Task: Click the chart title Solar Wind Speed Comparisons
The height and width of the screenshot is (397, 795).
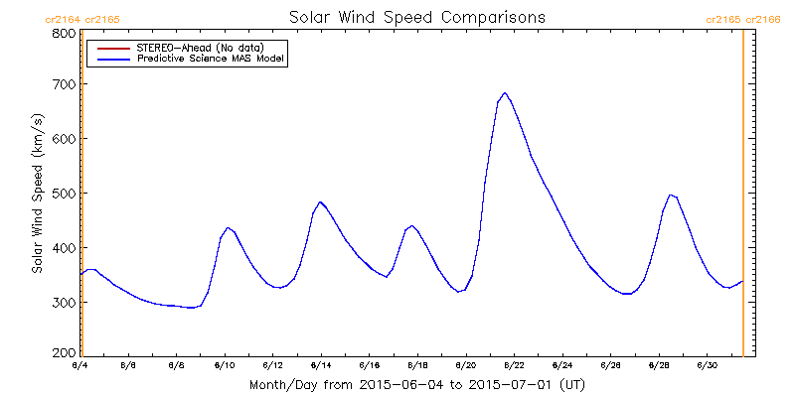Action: [416, 17]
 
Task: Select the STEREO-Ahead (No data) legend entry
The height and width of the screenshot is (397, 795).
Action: [199, 48]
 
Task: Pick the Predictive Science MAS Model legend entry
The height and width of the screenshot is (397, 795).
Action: [210, 60]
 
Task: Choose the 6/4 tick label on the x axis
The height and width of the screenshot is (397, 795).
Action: [80, 365]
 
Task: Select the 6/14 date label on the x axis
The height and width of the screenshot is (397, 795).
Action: [321, 365]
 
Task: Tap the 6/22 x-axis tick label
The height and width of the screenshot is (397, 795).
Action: [514, 365]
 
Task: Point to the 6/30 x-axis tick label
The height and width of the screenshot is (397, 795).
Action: [707, 365]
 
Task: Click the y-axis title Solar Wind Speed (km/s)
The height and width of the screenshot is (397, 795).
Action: [38, 193]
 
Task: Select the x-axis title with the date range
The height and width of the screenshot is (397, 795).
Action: [416, 384]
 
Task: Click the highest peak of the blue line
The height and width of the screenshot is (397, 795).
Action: [505, 93]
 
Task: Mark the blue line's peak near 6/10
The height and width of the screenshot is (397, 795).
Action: [229, 227]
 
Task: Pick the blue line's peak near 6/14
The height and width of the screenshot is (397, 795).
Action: [320, 201]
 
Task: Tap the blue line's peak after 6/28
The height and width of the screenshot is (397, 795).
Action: [672, 195]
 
